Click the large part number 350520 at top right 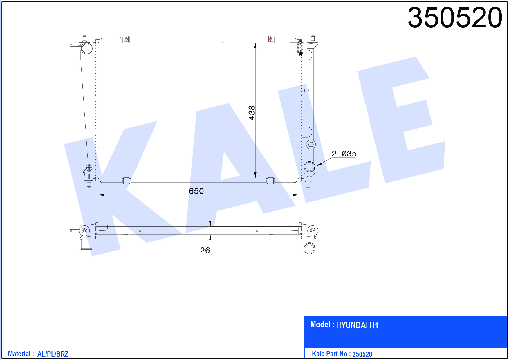tap(455, 18)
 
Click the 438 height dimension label tap(252, 113)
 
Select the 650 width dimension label tap(196, 191)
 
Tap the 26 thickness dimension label tap(205, 250)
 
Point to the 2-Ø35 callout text tap(344, 154)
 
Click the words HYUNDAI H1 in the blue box tap(357, 325)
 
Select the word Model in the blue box tap(320, 324)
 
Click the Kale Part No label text tap(330, 354)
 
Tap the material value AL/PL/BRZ tap(53, 354)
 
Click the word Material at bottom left tap(19, 354)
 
